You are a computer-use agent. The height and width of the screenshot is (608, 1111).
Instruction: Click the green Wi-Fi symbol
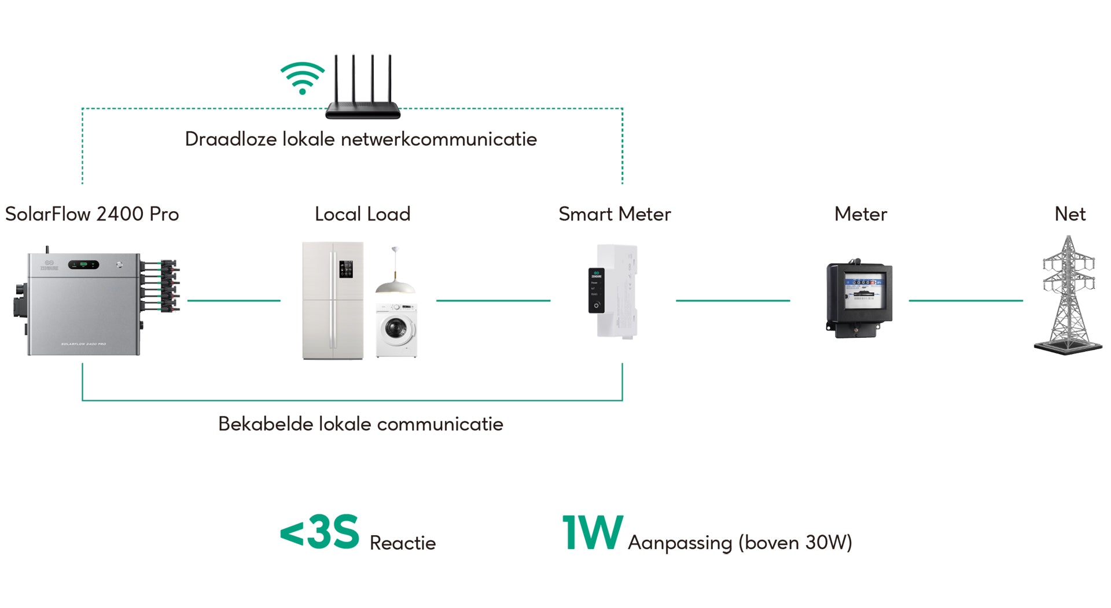pyautogui.click(x=302, y=78)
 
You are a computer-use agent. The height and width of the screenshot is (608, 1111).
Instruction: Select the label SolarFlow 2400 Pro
pyautogui.click(x=92, y=214)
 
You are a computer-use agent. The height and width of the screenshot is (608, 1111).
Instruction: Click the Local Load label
pyautogui.click(x=362, y=214)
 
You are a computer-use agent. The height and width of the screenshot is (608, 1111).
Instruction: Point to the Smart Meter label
pyautogui.click(x=615, y=214)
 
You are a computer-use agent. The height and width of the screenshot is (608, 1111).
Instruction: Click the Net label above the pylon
pyautogui.click(x=1069, y=214)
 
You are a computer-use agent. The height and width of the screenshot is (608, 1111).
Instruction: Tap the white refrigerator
pyautogui.click(x=333, y=301)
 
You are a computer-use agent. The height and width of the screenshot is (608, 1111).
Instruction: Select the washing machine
pyautogui.click(x=396, y=330)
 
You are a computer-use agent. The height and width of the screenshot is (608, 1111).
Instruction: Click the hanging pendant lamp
pyautogui.click(x=395, y=278)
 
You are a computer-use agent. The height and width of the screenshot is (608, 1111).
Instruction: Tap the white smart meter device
pyautogui.click(x=615, y=292)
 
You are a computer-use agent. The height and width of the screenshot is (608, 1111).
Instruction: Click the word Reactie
pyautogui.click(x=402, y=543)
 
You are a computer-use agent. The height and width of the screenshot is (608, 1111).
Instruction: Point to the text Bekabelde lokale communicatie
pyautogui.click(x=360, y=424)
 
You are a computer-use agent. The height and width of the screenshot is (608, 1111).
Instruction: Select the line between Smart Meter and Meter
pyautogui.click(x=733, y=301)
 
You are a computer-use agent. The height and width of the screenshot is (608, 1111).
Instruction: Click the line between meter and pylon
pyautogui.click(x=965, y=301)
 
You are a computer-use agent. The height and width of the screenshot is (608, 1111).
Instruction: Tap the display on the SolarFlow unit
pyautogui.click(x=84, y=265)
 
